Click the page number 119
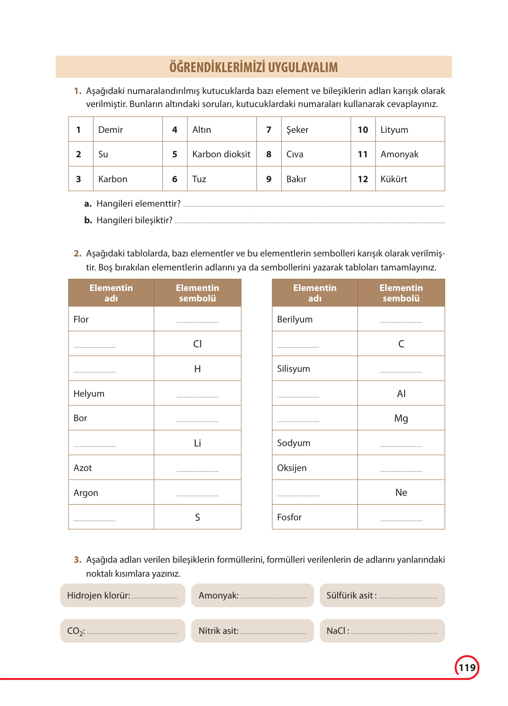467,667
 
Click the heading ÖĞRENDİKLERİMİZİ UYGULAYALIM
253,67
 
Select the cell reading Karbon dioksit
221,154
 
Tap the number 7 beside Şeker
269,130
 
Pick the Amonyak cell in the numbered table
399,154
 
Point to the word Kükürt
394,179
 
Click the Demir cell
111,130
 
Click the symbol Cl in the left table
197,344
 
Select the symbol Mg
401,418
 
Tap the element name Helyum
89,394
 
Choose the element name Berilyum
295,319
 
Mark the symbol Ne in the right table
401,492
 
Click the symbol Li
197,443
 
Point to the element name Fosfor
289,517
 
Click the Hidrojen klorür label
99,595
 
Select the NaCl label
336,631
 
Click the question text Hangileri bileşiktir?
134,220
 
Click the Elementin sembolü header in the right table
401,293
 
